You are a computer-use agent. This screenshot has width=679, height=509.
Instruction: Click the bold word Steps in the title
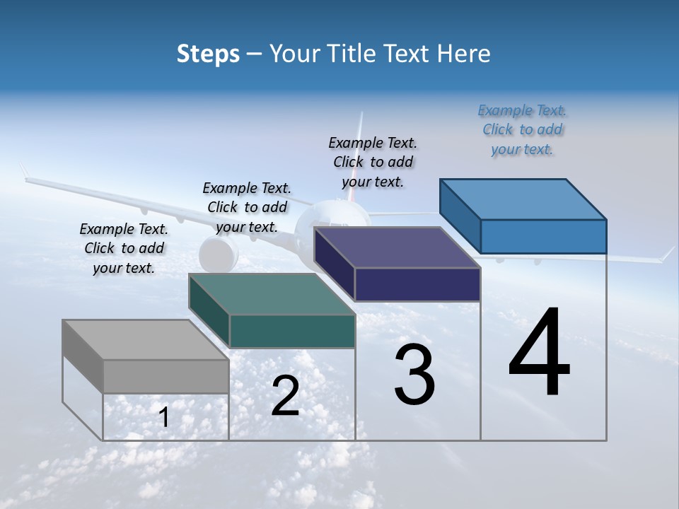pos(208,54)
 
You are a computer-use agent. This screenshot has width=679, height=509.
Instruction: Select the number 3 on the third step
pos(414,375)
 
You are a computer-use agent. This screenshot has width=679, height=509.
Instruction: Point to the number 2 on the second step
pos(285,396)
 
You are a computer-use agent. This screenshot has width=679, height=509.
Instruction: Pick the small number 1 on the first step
pos(164,417)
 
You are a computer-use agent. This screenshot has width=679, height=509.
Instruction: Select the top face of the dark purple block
pos(396,248)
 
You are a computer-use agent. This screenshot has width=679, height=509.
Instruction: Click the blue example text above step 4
pos(523,130)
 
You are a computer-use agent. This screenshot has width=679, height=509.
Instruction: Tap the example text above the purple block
pos(373,162)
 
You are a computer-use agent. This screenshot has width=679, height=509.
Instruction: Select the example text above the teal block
pos(247,207)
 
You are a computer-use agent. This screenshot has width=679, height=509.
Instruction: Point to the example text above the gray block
pos(124,248)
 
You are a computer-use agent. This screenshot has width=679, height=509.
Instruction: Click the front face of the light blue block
pos(543,236)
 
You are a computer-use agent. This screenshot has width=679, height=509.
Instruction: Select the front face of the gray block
pos(166,376)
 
